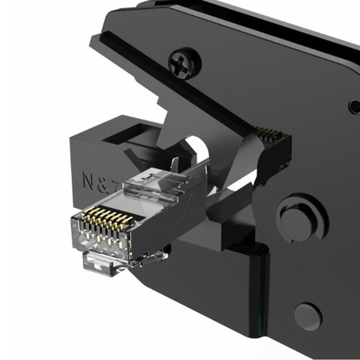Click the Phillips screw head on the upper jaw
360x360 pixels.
point(182,62)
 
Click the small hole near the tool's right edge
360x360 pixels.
point(355,106)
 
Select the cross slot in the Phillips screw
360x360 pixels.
point(182,62)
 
